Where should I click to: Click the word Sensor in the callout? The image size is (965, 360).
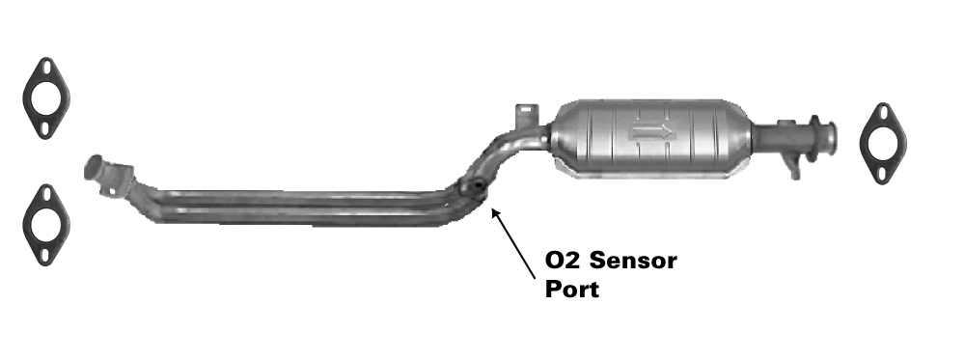[x=633, y=261]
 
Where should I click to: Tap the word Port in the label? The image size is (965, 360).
[x=571, y=289]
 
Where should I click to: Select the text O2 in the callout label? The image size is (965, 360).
[x=563, y=261]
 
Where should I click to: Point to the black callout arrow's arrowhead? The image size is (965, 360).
[x=494, y=213]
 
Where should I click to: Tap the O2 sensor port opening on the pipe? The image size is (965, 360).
[x=475, y=186]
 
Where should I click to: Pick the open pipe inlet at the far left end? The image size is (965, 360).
[x=93, y=167]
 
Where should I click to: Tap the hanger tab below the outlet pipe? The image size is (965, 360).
[x=792, y=168]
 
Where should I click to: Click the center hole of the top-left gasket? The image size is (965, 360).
[x=46, y=98]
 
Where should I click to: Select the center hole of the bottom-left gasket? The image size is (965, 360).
[x=46, y=225]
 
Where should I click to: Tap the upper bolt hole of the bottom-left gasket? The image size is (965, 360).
[x=46, y=195]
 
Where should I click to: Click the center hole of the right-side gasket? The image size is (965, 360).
[x=883, y=144]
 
